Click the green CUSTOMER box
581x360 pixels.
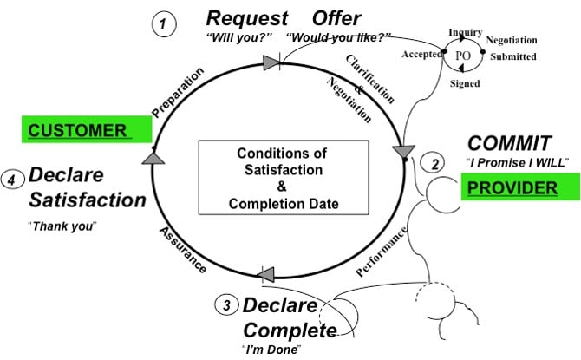tap(88, 131)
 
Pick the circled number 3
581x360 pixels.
tap(226, 304)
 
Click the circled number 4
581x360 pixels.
tap(12, 180)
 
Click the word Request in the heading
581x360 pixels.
tap(245, 18)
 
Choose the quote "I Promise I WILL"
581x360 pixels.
tap(517, 163)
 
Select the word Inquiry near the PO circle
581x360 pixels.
tap(465, 32)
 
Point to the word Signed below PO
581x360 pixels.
tap(465, 84)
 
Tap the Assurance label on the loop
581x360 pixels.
tap(182, 251)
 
